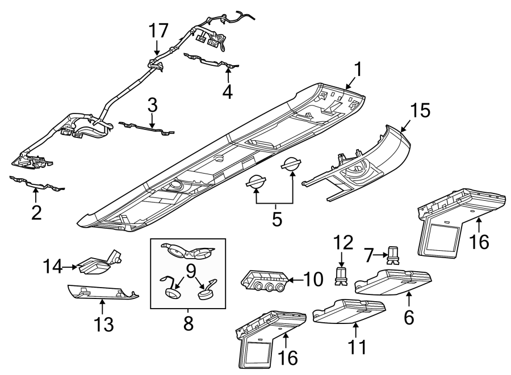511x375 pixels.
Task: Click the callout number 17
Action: pos(158,31)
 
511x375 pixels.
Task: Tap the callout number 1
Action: pos(358,70)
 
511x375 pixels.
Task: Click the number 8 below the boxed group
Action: pos(188,323)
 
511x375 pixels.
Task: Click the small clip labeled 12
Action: pos(341,275)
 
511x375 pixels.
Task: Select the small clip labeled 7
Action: pos(392,256)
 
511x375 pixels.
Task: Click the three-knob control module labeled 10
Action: pos(264,280)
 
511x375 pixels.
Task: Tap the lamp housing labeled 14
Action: pos(98,264)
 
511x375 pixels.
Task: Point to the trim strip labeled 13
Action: pos(102,294)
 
